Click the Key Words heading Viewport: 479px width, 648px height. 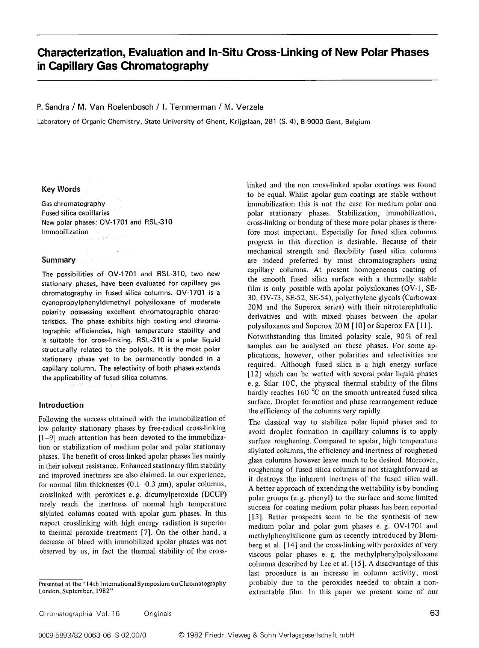click(x=61, y=189)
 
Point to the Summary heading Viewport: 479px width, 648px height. click(x=59, y=260)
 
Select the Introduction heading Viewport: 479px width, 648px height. click(x=61, y=405)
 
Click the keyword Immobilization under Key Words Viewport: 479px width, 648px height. click(x=65, y=232)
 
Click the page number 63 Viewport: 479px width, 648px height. click(x=434, y=613)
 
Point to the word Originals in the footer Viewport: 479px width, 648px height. click(x=157, y=613)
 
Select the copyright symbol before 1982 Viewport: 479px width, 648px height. click(x=182, y=635)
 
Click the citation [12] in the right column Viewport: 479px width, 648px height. click(x=254, y=374)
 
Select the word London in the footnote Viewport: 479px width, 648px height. click(x=50, y=590)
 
